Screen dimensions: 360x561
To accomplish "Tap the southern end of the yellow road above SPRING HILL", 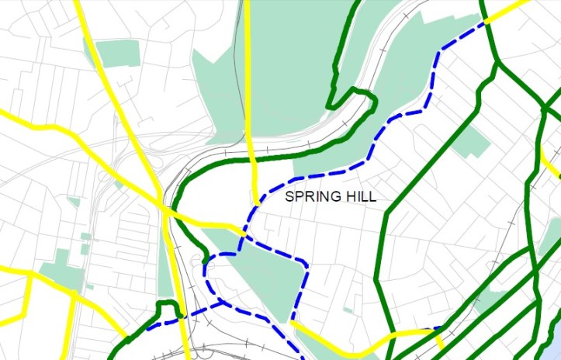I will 256,198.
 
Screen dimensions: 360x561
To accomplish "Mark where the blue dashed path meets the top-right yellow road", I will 487,22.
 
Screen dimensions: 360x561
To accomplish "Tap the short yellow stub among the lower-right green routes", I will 440,340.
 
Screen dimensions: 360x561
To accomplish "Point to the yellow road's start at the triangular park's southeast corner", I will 293,320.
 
